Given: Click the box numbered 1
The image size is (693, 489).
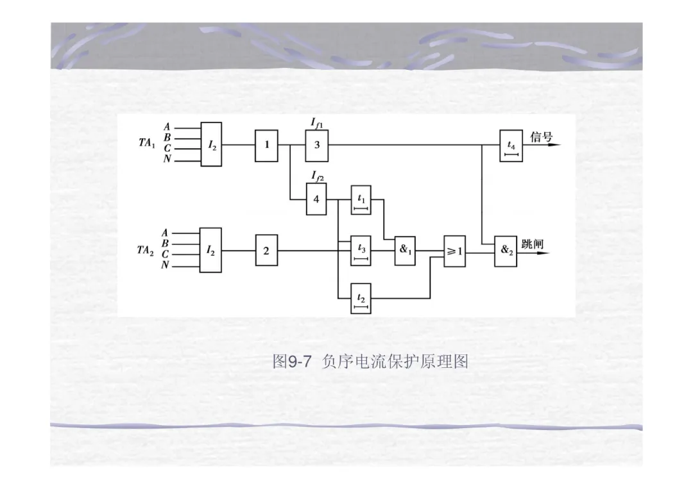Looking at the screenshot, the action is (x=266, y=145).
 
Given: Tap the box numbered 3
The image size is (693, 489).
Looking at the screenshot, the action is (x=316, y=145).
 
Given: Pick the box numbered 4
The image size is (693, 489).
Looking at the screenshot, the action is (x=316, y=199).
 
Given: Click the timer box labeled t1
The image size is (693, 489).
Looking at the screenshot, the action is (x=361, y=199).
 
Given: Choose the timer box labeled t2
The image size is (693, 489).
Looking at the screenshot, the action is (x=361, y=298).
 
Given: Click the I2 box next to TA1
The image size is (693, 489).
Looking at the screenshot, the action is (x=211, y=145).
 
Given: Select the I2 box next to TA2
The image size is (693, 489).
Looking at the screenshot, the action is (x=210, y=250).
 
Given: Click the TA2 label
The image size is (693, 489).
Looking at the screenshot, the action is (x=146, y=251).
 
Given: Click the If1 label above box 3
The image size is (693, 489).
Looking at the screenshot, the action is (x=318, y=122).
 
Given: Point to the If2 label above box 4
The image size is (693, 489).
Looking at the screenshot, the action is (x=318, y=176).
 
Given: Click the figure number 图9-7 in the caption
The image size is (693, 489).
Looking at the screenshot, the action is (x=292, y=362).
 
